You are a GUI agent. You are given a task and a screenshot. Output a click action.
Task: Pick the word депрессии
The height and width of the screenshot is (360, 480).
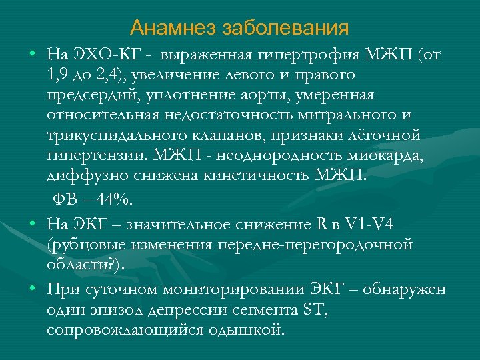(194, 310)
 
